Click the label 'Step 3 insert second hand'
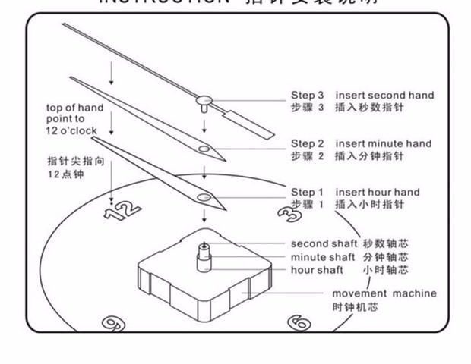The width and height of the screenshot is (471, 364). point(362,96)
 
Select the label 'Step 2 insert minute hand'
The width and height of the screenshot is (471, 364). point(361,143)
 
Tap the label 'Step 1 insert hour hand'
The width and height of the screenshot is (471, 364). point(355,193)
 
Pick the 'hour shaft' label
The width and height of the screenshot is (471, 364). point(316,270)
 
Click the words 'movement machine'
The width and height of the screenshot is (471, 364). point(384,293)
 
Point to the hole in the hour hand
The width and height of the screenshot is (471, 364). point(204,197)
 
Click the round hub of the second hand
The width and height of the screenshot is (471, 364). point(203,99)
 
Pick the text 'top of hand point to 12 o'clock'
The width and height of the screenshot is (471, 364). point(69,120)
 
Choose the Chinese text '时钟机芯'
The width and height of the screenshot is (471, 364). point(355,307)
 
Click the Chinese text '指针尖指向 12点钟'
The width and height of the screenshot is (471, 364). point(65,168)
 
